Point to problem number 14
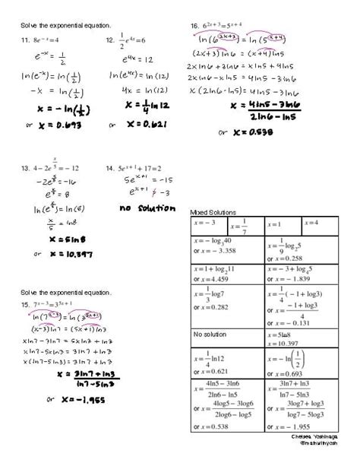(110, 168)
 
